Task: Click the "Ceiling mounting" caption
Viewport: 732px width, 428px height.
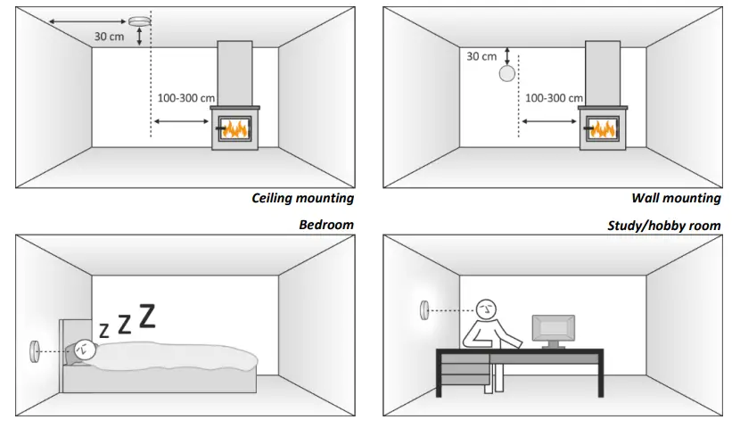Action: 302,198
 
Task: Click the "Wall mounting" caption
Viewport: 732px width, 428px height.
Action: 676,198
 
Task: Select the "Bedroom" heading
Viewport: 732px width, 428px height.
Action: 326,225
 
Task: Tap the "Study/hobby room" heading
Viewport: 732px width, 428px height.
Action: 663,226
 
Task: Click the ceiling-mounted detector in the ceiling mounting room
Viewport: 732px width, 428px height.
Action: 141,21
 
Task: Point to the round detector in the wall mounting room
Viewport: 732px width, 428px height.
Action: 507,73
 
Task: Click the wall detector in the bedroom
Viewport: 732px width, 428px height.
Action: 35,350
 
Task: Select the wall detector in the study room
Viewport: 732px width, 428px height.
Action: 425,310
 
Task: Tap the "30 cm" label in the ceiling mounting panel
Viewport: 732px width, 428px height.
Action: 111,37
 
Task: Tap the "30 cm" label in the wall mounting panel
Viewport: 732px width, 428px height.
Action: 481,56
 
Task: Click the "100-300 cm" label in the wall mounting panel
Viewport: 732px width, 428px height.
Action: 554,98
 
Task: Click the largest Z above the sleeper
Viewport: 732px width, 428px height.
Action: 147,316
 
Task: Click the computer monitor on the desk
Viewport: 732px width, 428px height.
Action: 554,328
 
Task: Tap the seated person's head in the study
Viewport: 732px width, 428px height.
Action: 487,309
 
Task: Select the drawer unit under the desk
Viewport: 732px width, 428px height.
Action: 464,369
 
